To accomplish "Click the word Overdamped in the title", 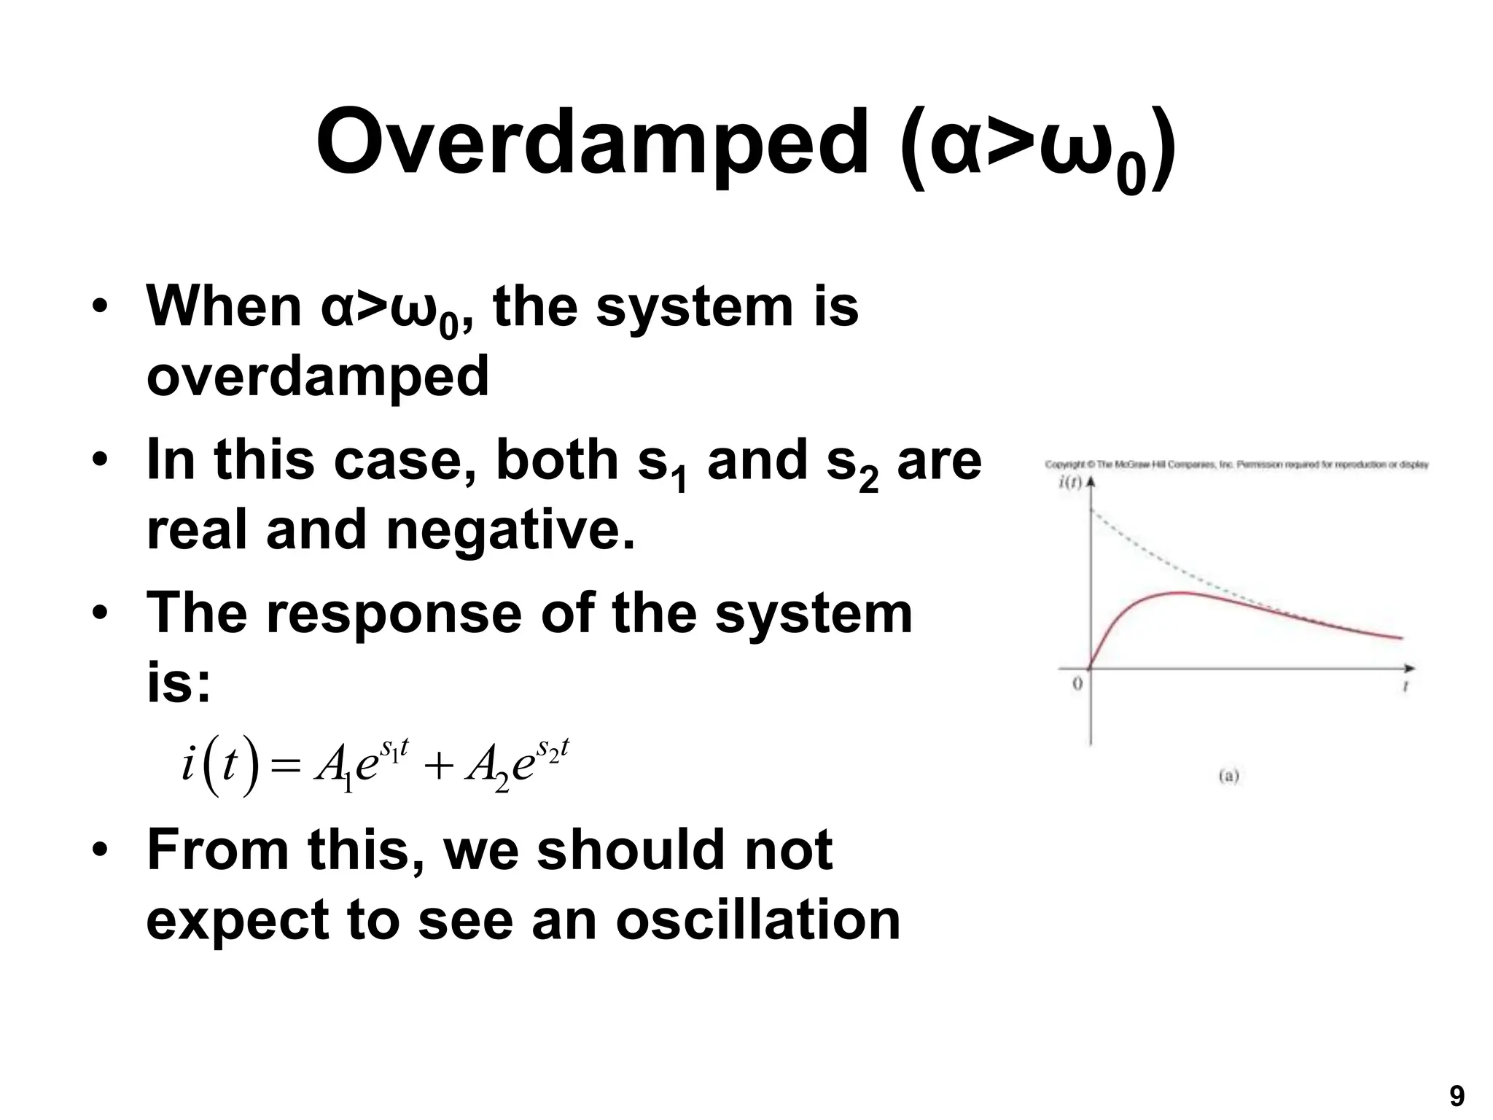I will tap(592, 142).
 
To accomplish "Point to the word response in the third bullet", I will tap(394, 613).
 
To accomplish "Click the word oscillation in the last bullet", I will tap(758, 919).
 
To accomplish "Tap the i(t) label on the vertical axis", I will tap(1069, 483).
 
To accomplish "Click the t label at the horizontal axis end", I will tap(1405, 686).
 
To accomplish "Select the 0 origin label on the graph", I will tap(1077, 684).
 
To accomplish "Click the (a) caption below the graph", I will tap(1228, 776).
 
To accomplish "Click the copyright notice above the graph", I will tap(1236, 464).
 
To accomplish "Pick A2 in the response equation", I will tap(486, 769).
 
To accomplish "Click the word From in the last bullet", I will tap(217, 850).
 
